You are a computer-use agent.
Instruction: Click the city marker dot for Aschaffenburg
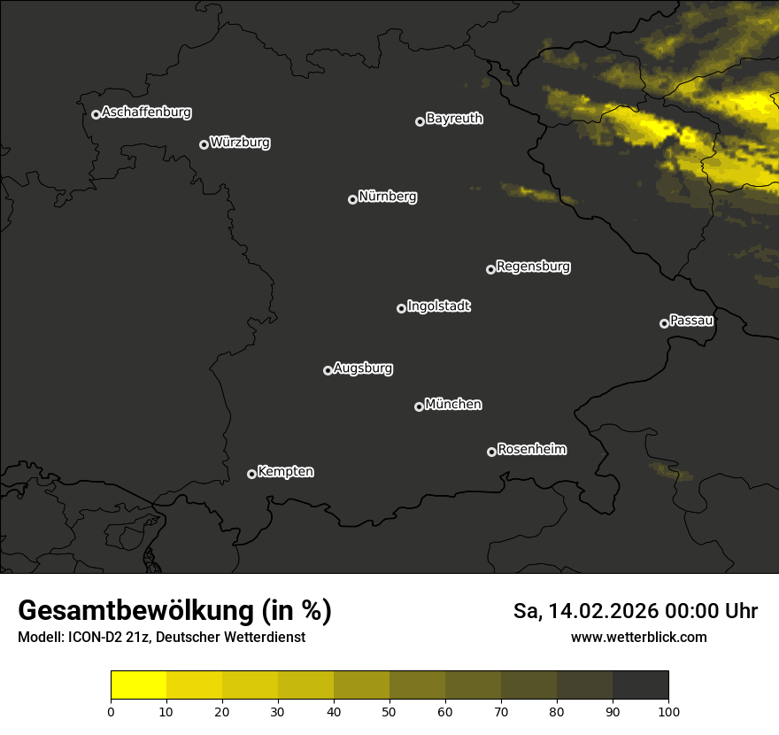[96, 114]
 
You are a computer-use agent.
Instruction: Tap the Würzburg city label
[240, 142]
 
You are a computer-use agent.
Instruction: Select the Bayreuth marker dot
[420, 121]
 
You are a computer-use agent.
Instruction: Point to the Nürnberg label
[388, 197]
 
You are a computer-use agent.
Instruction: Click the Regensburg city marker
[490, 269]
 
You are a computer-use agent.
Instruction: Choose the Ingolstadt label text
[438, 306]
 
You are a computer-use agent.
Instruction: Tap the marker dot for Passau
[664, 323]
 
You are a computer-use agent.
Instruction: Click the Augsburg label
[363, 368]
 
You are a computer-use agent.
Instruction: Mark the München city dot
[419, 407]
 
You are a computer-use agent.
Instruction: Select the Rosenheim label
[531, 449]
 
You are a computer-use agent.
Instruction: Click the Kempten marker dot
[251, 474]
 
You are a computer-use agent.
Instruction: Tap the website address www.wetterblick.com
[638, 637]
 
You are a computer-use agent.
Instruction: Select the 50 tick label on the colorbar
[389, 711]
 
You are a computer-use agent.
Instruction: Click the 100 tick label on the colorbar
[668, 711]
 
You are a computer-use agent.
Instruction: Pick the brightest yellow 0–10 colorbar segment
[138, 685]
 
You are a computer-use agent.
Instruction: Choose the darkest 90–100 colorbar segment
[640, 685]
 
